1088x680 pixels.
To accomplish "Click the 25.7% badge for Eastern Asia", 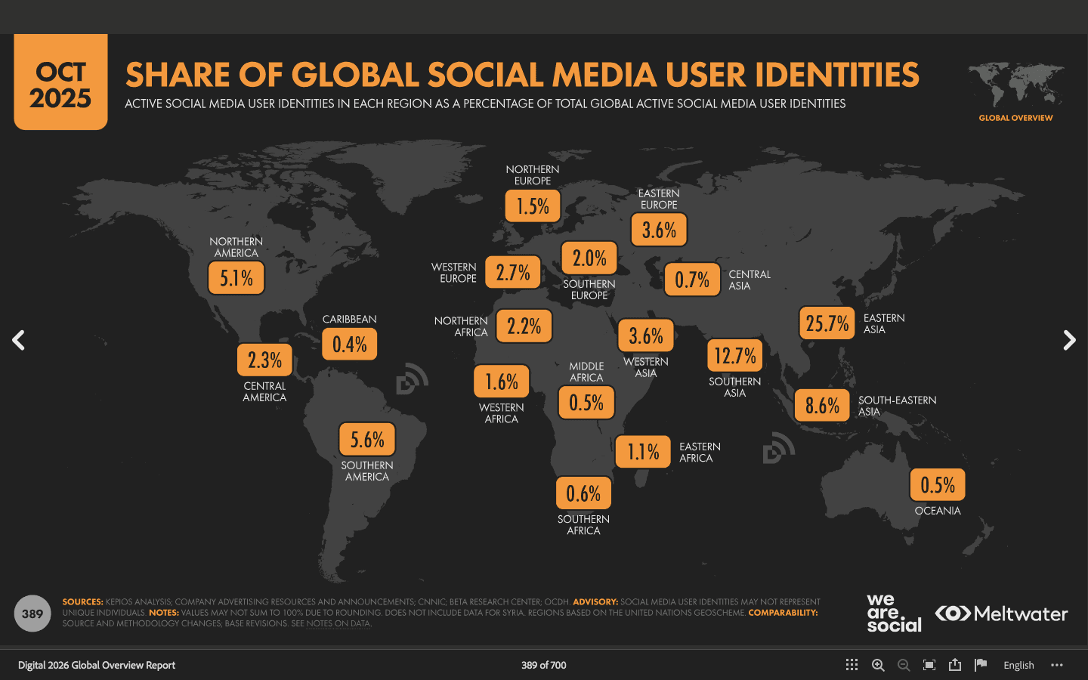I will coord(827,323).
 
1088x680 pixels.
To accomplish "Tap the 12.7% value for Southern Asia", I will coord(735,356).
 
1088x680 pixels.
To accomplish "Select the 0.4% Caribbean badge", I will coord(350,345).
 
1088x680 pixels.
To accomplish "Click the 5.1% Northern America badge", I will coord(236,278).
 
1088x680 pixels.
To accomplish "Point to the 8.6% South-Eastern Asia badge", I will coord(822,406).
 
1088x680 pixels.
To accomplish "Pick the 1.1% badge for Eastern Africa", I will coord(643,452).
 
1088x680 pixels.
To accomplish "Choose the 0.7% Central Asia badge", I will coord(692,280).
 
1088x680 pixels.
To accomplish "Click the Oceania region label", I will coord(938,511).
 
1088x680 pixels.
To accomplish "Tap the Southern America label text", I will coord(367,471).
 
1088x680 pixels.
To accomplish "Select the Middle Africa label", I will coord(586,372).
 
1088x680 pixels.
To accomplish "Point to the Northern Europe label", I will coord(533,175).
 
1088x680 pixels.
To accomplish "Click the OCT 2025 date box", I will coord(60,83).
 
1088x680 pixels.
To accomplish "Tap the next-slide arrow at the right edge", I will coord(1069,340).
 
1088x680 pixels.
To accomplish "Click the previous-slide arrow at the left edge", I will coord(19,340).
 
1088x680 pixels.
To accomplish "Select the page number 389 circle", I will coord(32,614).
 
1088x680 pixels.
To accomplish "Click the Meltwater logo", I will coord(1002,614).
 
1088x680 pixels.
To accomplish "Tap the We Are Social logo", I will coord(894,613).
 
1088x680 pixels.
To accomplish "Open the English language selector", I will coord(1018,665).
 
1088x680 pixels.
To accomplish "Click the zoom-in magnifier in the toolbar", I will coord(878,665).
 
